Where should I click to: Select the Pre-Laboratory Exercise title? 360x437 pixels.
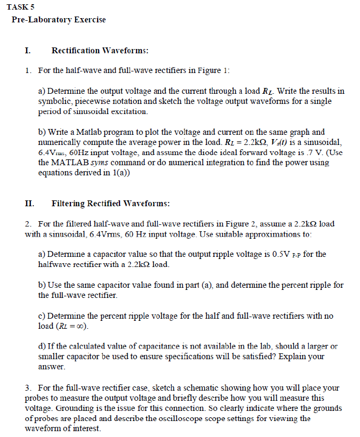click(x=59, y=20)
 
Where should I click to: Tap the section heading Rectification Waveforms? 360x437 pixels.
click(x=100, y=51)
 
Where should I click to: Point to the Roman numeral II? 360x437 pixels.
click(x=29, y=204)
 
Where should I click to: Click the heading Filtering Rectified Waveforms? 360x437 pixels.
click(x=111, y=204)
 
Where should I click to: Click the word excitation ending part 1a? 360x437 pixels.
click(x=128, y=112)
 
